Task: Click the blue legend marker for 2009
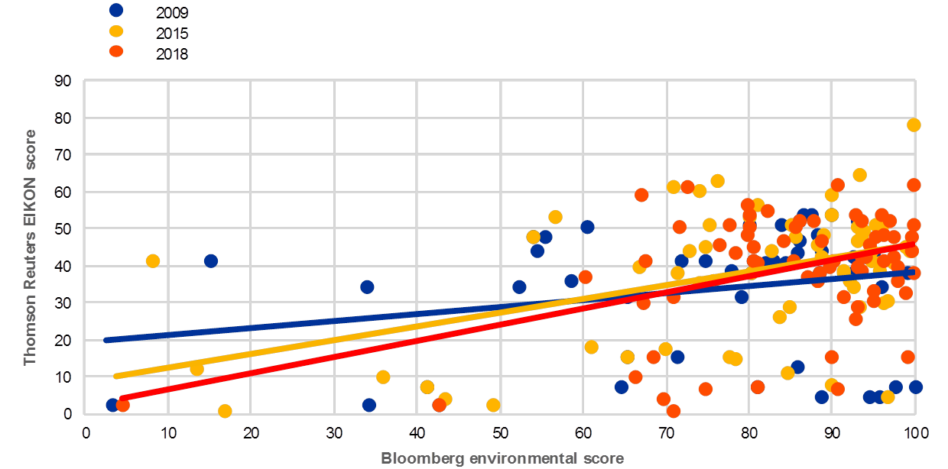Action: click(117, 11)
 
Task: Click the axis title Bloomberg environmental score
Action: click(502, 458)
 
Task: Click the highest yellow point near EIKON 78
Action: click(914, 125)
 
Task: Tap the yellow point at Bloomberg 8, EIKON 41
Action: click(152, 261)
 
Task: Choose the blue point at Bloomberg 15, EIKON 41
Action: click(210, 261)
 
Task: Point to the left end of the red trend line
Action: click(121, 399)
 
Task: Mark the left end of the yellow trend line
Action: click(115, 376)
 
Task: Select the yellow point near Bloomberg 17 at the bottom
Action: click(225, 411)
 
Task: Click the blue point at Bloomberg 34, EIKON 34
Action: click(367, 287)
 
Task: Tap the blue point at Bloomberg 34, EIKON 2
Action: click(369, 405)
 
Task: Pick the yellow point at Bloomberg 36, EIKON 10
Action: click(383, 377)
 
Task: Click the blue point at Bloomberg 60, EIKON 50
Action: click(587, 227)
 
